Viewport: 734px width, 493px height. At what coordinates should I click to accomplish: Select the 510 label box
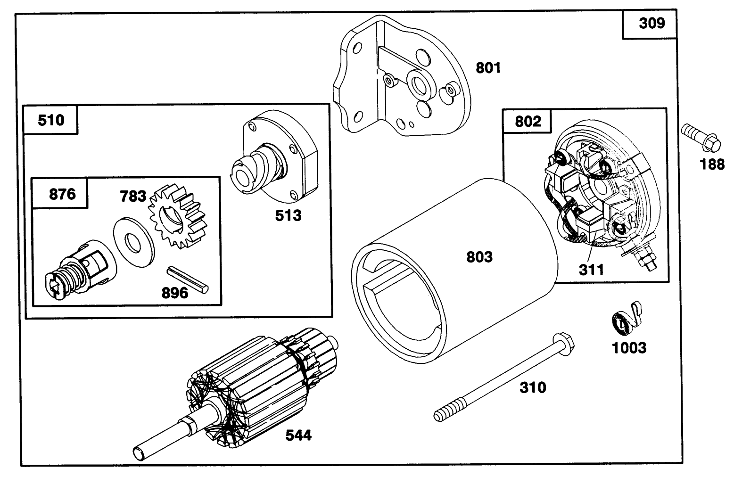(51, 120)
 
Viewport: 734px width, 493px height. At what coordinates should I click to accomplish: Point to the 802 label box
(528, 122)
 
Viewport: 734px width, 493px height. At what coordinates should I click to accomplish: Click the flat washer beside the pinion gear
(134, 242)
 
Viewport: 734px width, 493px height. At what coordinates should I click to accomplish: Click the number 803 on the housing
(479, 257)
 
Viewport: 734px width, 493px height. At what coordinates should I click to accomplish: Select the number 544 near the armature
(298, 435)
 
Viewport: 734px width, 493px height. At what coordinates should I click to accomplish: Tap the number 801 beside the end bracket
(488, 68)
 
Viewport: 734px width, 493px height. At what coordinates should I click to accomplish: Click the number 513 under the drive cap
(288, 215)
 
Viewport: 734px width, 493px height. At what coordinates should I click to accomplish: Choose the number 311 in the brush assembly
(591, 270)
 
